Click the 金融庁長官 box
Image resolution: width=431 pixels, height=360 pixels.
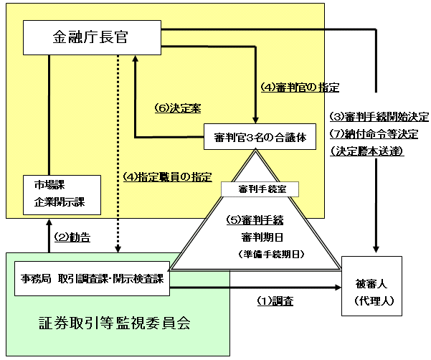92,37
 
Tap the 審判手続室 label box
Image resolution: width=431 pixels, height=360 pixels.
259,189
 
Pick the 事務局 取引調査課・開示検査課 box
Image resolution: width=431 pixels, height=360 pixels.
92,278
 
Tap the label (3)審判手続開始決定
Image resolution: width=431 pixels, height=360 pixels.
379,117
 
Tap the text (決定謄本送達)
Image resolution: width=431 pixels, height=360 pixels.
369,151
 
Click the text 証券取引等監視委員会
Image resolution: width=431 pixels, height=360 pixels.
115,323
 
